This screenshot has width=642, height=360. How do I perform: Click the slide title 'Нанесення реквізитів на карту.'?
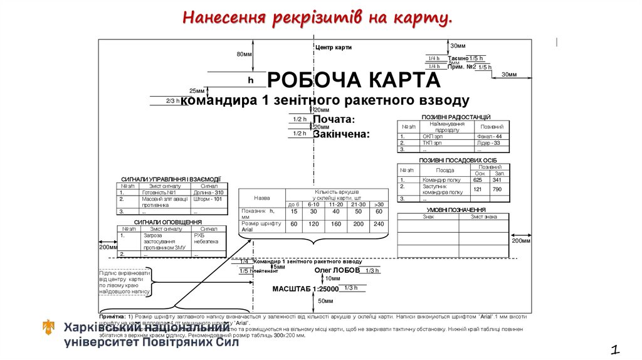click(317, 18)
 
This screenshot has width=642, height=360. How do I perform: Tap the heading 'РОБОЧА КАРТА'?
click(354, 80)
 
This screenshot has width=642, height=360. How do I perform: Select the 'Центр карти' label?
click(333, 47)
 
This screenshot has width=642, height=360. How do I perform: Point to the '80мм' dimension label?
click(244, 54)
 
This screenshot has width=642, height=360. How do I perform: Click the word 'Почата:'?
click(334, 119)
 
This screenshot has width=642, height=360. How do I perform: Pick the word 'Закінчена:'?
click(341, 134)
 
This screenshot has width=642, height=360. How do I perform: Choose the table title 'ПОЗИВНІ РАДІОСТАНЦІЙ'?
click(456, 117)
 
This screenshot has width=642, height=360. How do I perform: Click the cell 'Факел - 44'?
click(489, 136)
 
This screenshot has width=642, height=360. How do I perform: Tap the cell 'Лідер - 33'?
click(488, 143)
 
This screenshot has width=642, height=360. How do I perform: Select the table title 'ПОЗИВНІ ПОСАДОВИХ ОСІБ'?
click(454, 161)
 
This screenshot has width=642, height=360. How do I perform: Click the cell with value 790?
click(497, 189)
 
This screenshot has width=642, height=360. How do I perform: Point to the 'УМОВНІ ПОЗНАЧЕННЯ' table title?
click(456, 210)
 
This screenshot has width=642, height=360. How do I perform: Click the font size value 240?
click(379, 224)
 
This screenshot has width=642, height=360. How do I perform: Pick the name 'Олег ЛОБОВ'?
click(337, 270)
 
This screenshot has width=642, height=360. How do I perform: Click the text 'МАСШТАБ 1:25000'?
click(305, 289)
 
